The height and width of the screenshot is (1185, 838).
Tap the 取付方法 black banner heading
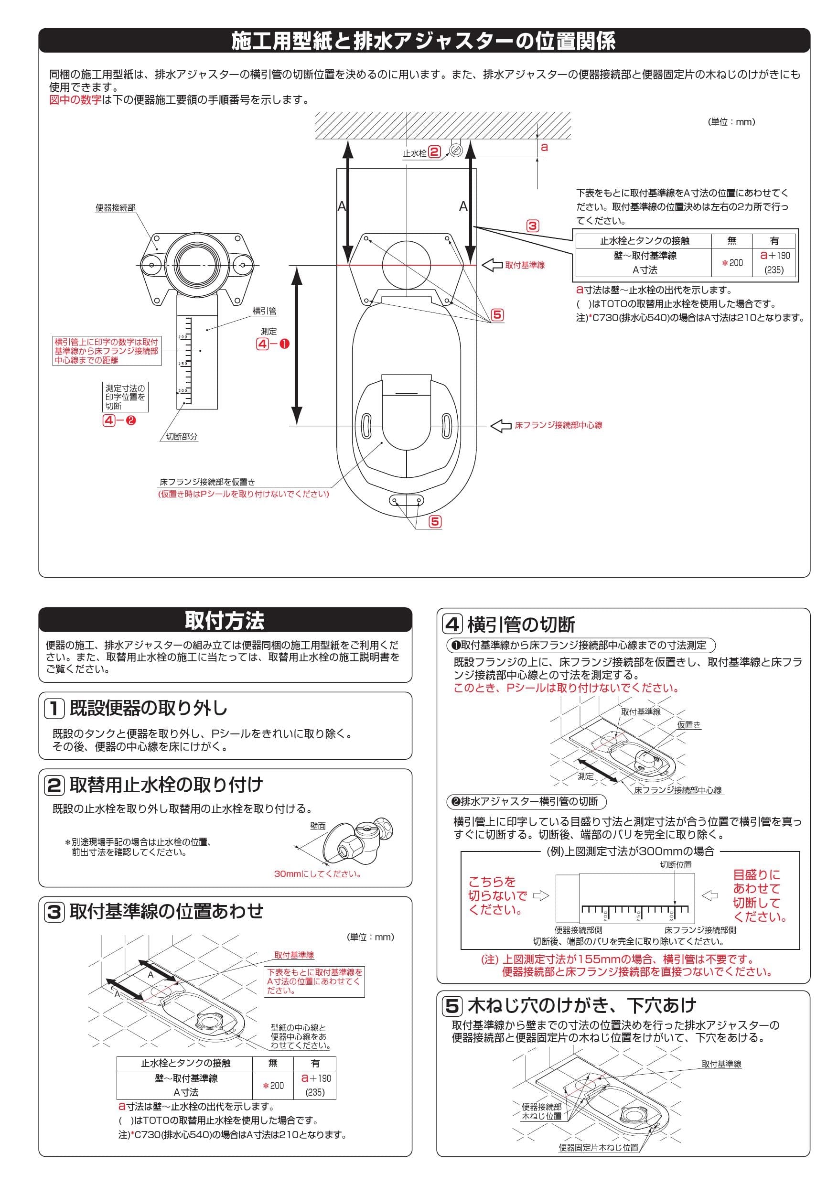[x=225, y=620]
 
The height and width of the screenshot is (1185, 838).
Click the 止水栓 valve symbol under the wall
[x=455, y=150]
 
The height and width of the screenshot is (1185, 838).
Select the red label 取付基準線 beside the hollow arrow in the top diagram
[x=525, y=265]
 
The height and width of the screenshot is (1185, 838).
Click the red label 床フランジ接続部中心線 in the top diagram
[x=559, y=425]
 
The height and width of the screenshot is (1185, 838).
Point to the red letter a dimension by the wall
[x=544, y=148]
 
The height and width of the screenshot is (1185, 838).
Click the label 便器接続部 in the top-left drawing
[x=116, y=207]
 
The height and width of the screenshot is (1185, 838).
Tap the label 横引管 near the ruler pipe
[x=264, y=311]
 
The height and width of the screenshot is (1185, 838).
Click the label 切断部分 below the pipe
[x=181, y=437]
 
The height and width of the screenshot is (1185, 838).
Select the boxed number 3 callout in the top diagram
[x=533, y=226]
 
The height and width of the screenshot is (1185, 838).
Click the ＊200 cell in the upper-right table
[x=732, y=263]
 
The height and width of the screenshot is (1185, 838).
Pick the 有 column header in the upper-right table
[x=774, y=240]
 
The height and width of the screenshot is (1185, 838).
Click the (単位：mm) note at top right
[x=731, y=122]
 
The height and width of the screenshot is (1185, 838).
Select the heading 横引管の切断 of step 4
[x=521, y=625]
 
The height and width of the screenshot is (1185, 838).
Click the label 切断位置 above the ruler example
[x=676, y=864]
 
